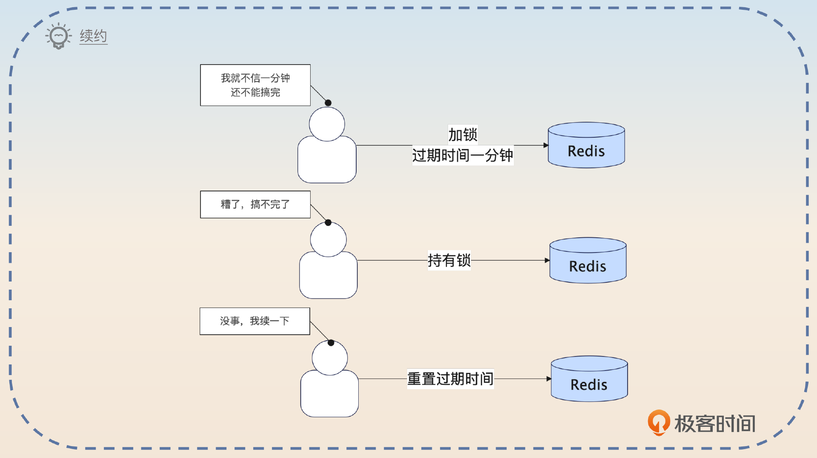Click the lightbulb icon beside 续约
coord(58,36)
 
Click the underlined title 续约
coord(93,36)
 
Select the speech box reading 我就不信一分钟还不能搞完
coord(255,85)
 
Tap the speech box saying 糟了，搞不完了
coord(255,205)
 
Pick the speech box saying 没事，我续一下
coord(255,321)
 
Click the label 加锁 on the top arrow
coord(463,135)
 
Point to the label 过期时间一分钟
coord(463,155)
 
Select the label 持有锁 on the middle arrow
coord(449,260)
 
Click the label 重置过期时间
coord(450,378)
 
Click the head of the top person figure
coord(327,124)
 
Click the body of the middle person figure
coord(328,276)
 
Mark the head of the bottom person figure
coord(330,358)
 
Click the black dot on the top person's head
coord(328,103)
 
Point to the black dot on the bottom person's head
coord(331,343)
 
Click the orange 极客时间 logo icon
coord(658,422)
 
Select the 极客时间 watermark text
coord(715,424)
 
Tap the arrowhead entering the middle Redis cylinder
coord(547,260)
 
